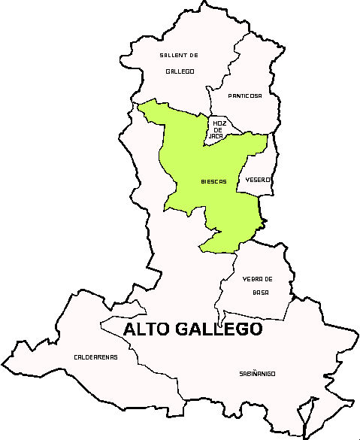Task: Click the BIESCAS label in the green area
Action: (x=213, y=181)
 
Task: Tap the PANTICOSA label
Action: (x=245, y=96)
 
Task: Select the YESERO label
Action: (x=258, y=180)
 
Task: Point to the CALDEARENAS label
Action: (x=95, y=357)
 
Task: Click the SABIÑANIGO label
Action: (x=258, y=373)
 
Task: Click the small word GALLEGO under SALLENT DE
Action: (x=180, y=71)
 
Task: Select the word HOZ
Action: (x=219, y=123)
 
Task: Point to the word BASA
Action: (x=260, y=292)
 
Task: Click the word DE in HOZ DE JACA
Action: (x=219, y=129)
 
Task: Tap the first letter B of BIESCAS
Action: (x=203, y=181)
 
